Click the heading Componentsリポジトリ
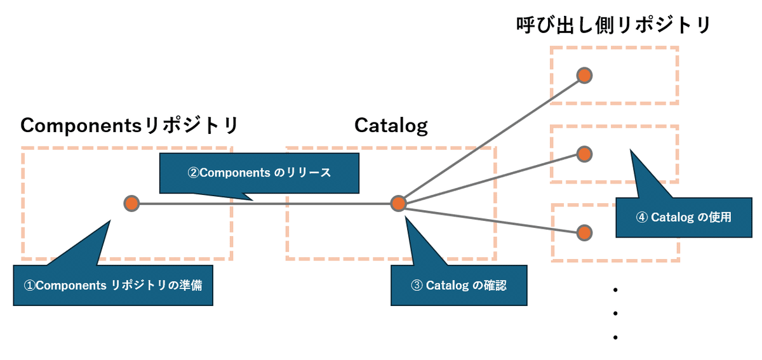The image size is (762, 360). (x=130, y=125)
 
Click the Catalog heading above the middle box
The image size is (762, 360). (x=391, y=125)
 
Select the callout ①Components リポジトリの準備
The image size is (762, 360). (x=113, y=286)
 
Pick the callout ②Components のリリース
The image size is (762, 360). (x=259, y=172)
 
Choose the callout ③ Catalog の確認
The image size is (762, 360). (x=459, y=285)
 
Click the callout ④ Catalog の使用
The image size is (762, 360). (x=683, y=217)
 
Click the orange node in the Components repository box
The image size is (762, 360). (x=131, y=204)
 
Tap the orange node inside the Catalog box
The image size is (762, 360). (x=398, y=204)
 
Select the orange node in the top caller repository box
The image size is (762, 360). (x=584, y=76)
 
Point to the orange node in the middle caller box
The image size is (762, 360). (x=584, y=154)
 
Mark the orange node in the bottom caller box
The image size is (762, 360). (x=584, y=232)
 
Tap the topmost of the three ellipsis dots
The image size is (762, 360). (x=615, y=290)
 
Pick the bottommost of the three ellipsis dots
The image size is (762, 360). (x=615, y=337)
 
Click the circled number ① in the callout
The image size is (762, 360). (x=29, y=286)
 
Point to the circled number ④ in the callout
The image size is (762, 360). (x=641, y=217)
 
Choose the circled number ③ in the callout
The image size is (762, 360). (x=417, y=285)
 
